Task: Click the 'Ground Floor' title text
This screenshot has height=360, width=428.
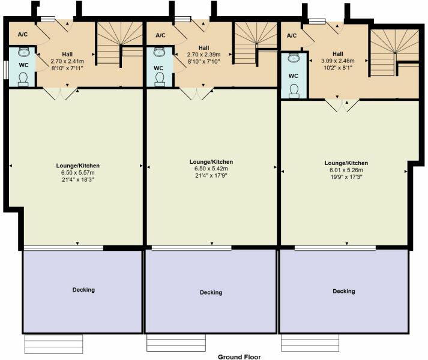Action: click(239, 356)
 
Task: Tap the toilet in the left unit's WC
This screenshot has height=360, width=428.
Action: click(23, 80)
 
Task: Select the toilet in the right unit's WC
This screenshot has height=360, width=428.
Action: click(294, 90)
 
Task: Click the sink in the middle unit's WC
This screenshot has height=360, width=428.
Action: click(159, 53)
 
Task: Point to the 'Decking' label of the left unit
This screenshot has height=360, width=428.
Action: click(83, 290)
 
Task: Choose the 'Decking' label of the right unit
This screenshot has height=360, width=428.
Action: click(344, 291)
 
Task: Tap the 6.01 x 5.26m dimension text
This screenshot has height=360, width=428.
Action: click(346, 170)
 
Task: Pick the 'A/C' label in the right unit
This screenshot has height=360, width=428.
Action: click(292, 35)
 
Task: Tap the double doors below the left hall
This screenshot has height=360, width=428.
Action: click(61, 94)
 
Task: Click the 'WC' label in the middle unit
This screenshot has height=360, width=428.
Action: click(158, 68)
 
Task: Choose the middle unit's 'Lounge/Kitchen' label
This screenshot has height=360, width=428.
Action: click(211, 162)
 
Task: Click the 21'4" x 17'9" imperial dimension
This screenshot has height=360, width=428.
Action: click(211, 176)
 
